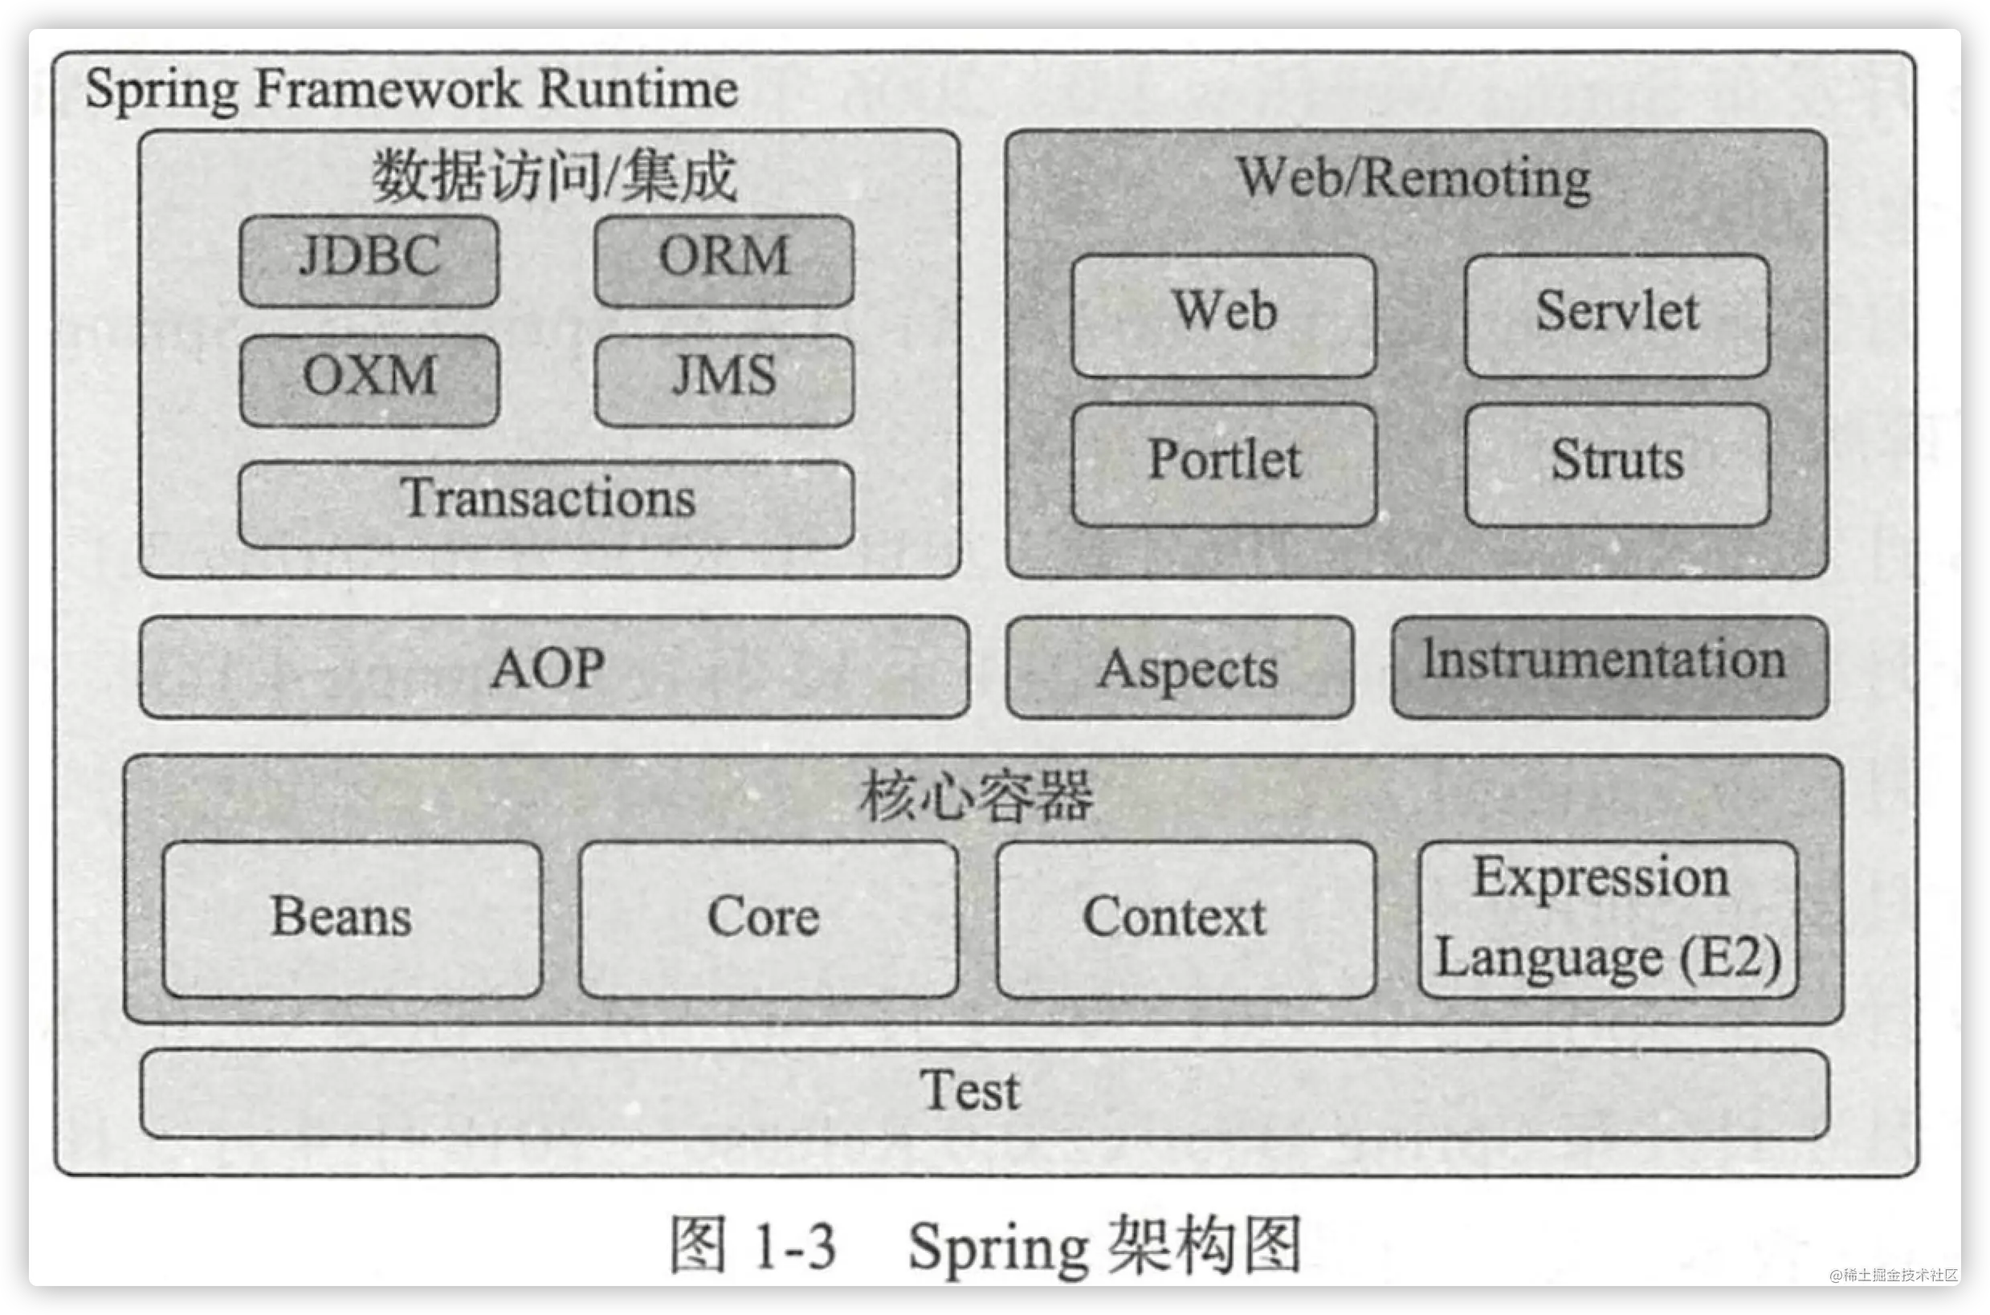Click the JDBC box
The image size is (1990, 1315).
pos(369,261)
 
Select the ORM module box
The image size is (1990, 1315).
pos(724,261)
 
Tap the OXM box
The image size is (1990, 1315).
pos(369,381)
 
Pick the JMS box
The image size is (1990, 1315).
pos(724,381)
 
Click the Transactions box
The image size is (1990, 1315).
pos(547,504)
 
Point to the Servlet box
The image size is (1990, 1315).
pos(1617,316)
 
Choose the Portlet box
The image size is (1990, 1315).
pos(1224,466)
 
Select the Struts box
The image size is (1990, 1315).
pos(1617,466)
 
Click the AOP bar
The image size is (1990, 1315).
pos(555,668)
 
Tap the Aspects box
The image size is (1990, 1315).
pos(1180,668)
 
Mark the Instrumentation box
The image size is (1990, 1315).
pos(1610,668)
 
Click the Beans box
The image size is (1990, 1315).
pos(353,919)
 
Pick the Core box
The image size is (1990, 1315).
pos(768,919)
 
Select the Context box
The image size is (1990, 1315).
pos(1185,919)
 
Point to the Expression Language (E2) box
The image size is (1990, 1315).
pos(1609,919)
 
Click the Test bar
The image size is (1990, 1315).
pos(985,1093)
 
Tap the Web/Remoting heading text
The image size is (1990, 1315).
pos(1413,179)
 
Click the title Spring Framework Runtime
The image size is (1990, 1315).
pos(412,90)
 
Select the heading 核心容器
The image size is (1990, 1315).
pos(976,795)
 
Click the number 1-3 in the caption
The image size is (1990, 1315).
pos(794,1246)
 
